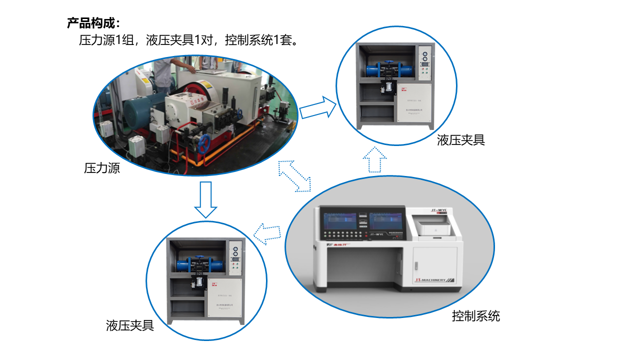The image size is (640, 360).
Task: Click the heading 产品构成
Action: point(93,23)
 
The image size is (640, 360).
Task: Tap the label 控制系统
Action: point(475,316)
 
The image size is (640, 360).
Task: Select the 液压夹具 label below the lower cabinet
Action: point(129,326)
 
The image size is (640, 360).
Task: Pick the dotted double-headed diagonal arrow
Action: point(294,175)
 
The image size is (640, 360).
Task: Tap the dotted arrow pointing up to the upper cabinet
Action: point(374,159)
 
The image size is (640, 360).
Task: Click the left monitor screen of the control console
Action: point(340,221)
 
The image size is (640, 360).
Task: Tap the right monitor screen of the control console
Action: point(385,221)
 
